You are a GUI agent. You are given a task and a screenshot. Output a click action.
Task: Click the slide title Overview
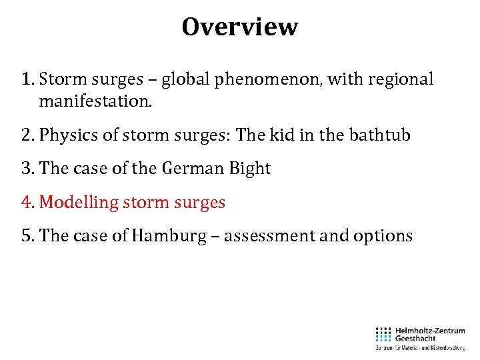click(x=240, y=27)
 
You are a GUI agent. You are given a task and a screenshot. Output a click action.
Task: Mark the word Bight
click(x=249, y=169)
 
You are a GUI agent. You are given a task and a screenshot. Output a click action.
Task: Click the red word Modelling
click(x=79, y=202)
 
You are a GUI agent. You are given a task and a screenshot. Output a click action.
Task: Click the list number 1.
click(x=27, y=79)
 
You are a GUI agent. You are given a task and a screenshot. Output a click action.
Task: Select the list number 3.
click(x=27, y=169)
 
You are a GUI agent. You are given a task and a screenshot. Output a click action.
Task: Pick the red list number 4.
click(x=27, y=202)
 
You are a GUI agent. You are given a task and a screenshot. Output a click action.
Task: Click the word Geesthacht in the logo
click(x=417, y=338)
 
